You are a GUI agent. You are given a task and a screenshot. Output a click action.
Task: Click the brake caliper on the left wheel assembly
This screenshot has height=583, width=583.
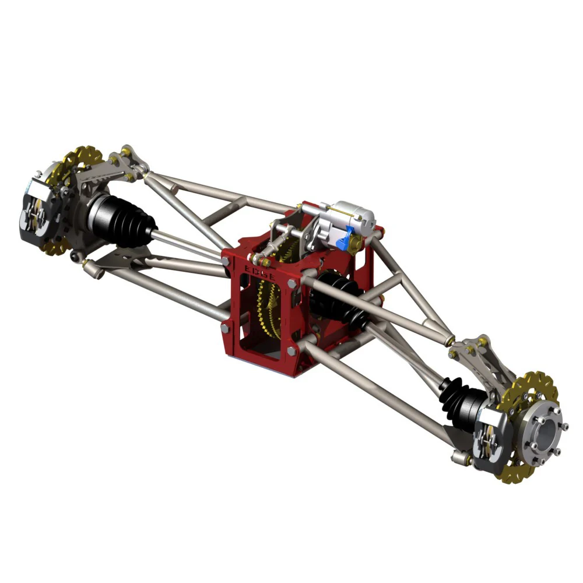pos(36,208)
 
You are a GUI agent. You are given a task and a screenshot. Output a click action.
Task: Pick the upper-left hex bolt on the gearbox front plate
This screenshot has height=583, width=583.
pos(225,261)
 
